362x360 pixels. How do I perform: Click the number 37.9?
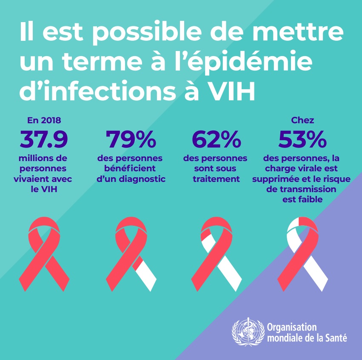click(44, 139)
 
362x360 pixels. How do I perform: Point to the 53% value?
click(302, 139)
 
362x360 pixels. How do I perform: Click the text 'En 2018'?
click(43, 120)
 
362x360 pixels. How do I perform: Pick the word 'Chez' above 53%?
click(302, 120)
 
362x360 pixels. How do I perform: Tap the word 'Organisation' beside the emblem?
click(292, 328)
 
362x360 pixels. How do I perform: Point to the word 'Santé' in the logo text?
click(335, 338)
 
